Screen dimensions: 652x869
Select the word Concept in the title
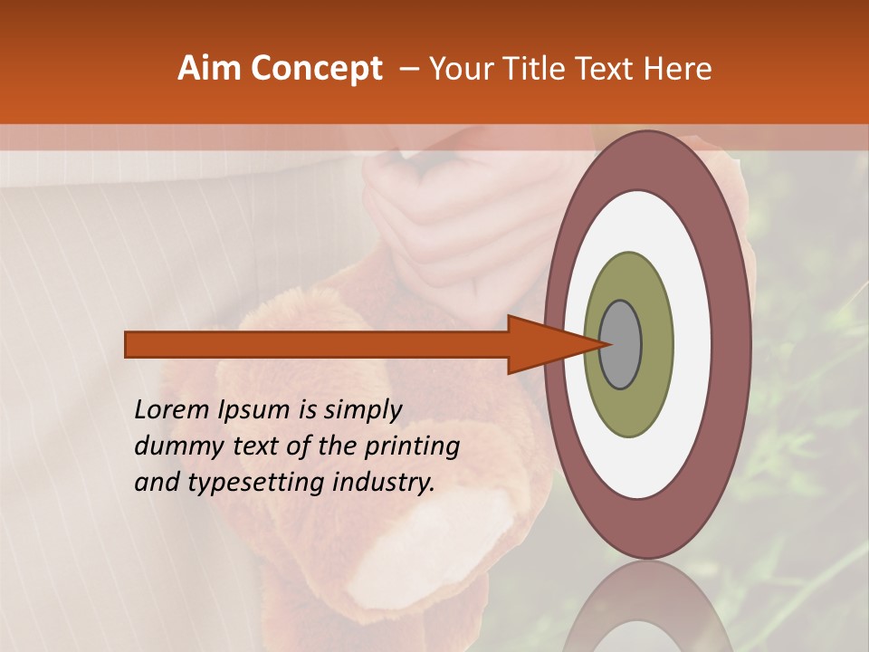click(x=316, y=69)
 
